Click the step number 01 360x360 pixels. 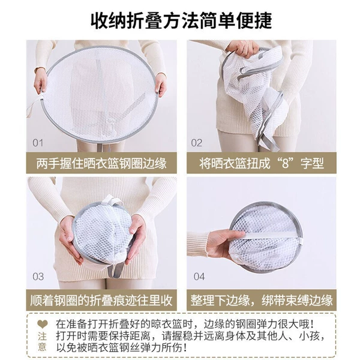(38, 143)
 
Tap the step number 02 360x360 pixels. (197, 143)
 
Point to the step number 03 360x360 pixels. (38, 277)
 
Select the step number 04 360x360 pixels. (199, 277)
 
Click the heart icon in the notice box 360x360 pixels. (43, 324)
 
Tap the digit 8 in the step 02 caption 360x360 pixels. (286, 163)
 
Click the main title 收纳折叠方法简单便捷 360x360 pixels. (181, 21)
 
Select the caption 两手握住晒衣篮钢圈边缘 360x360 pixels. (101, 163)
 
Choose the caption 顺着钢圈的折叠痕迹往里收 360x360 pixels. (101, 300)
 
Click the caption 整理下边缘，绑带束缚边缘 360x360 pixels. (262, 300)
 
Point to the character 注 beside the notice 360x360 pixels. (42, 337)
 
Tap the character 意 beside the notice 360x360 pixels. (42, 347)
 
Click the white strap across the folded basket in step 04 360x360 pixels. (271, 235)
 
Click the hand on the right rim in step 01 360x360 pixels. (160, 85)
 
